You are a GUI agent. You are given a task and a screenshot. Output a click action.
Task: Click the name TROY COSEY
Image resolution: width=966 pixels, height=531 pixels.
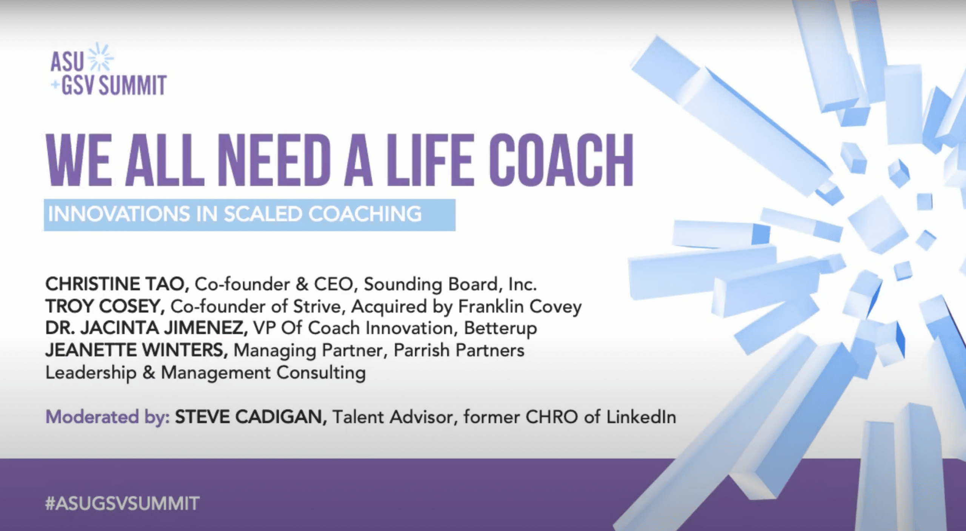pyautogui.click(x=105, y=306)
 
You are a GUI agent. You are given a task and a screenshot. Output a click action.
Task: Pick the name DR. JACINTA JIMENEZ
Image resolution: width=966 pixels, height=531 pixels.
pyautogui.click(x=146, y=328)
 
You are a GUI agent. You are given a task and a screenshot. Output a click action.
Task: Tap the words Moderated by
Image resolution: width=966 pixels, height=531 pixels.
pyautogui.click(x=108, y=417)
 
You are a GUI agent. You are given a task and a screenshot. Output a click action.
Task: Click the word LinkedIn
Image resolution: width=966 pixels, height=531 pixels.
pyautogui.click(x=641, y=417)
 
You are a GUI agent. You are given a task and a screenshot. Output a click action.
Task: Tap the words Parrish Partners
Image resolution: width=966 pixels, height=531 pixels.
pyautogui.click(x=459, y=350)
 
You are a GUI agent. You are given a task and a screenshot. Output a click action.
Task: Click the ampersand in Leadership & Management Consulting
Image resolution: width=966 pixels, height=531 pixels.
pyautogui.click(x=149, y=373)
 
